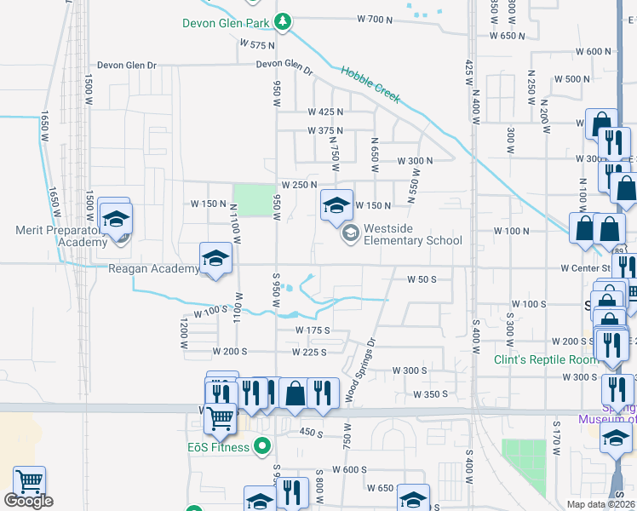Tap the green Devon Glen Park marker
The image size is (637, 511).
coord(287,21)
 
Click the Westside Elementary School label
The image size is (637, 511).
coord(412,234)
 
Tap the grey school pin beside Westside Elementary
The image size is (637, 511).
coord(349,233)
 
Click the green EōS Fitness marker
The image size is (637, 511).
coord(263,445)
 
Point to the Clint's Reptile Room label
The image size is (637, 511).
coord(546,359)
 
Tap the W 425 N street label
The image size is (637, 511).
coord(325,112)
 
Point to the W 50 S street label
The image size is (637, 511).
coord(421,278)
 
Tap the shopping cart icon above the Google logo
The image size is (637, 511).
coord(30,482)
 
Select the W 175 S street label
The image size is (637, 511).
coord(312,330)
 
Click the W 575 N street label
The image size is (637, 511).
coord(257,44)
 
